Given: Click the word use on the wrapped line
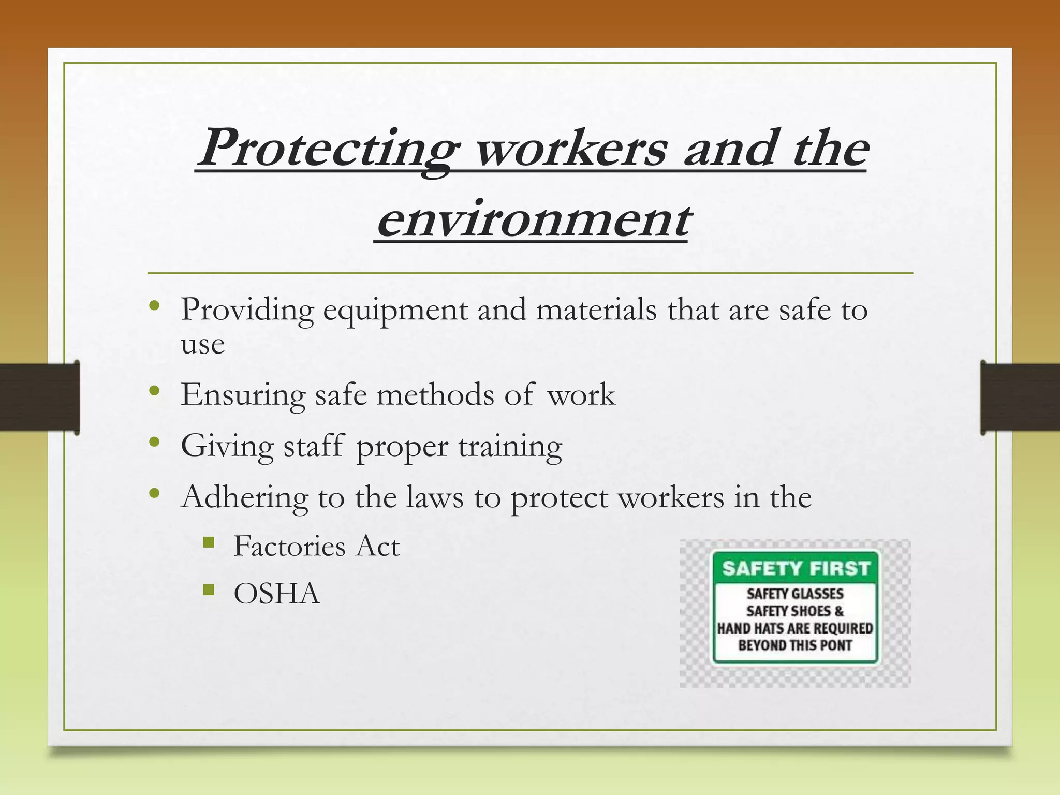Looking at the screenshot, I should click(x=202, y=344).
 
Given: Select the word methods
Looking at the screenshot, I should click(x=435, y=394).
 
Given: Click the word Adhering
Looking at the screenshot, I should click(x=245, y=497).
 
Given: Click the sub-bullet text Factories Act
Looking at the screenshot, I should click(x=316, y=546).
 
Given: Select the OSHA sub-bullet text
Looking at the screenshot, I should click(x=277, y=593).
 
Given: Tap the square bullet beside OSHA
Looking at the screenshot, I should click(x=209, y=590).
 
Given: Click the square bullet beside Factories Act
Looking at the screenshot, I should click(x=209, y=542).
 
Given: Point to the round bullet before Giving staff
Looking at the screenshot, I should click(x=154, y=442).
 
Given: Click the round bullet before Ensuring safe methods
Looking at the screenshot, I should click(x=154, y=391).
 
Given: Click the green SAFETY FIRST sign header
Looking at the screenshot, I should click(x=796, y=568).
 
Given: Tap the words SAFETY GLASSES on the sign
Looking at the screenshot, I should click(x=795, y=594).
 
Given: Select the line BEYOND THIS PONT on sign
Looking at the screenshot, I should click(x=795, y=645).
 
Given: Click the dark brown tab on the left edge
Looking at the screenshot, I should click(x=39, y=397).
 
